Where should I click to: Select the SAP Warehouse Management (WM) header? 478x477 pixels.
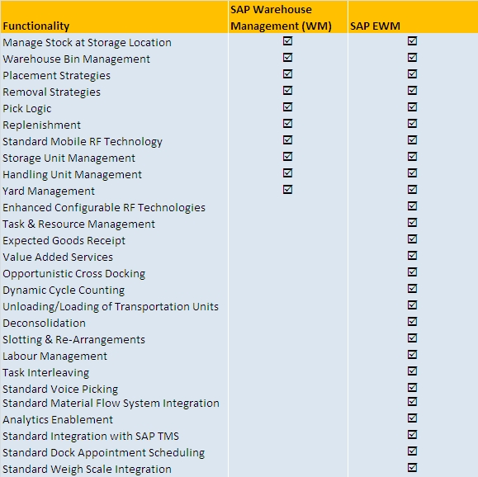pos(281,17)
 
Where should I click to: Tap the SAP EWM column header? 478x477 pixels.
pos(375,26)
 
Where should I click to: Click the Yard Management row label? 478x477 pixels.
pos(49,191)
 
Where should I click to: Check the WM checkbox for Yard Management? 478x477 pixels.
pos(287,189)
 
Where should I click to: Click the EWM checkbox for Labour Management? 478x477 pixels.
pos(412,354)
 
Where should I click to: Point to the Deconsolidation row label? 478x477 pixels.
pos(45,323)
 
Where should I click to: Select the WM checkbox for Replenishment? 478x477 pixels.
pos(287,123)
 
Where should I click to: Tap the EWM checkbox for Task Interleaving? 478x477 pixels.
pos(412,371)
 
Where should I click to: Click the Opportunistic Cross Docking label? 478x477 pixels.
pos(73,273)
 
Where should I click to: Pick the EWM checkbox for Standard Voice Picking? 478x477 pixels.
pos(412,387)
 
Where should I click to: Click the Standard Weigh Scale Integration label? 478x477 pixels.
pos(87,469)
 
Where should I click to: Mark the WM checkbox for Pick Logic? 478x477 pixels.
pos(287,106)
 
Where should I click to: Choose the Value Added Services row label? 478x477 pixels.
pos(58,257)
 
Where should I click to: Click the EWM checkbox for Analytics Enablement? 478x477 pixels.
pos(412,418)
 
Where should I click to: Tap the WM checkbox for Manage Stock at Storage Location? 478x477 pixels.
pos(287,40)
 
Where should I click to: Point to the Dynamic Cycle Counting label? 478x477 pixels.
pos(64,290)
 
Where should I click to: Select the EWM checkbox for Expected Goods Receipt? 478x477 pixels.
pos(412,238)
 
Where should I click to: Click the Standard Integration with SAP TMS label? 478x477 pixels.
pos(91,436)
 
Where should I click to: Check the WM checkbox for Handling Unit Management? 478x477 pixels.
pos(287,172)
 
